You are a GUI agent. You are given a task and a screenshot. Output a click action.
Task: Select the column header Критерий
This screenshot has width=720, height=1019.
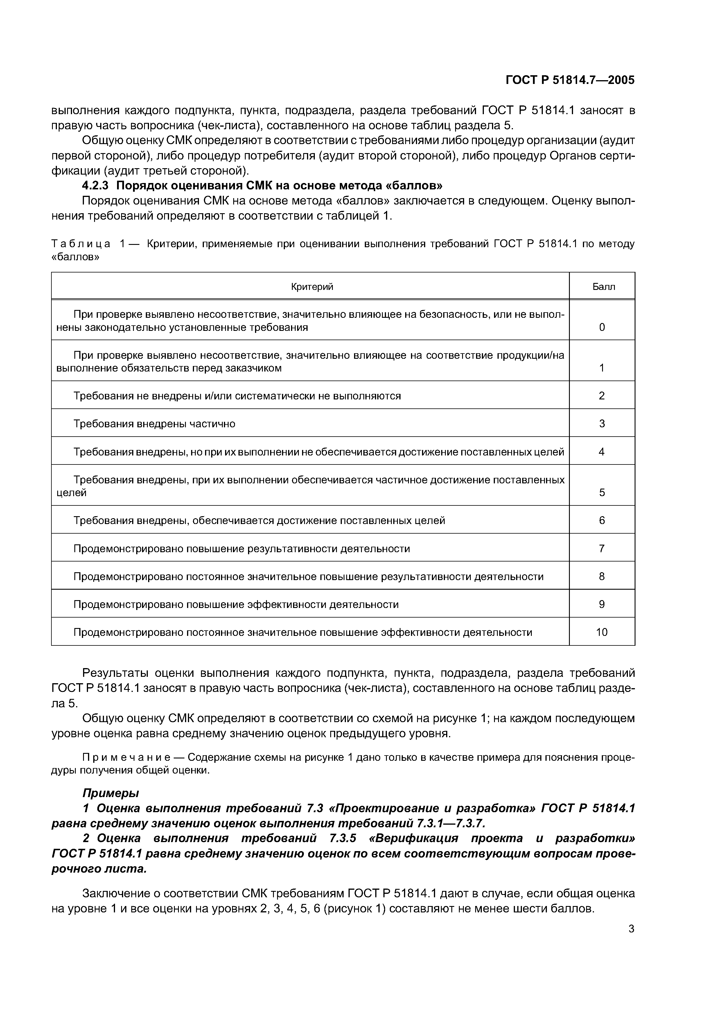coord(312,287)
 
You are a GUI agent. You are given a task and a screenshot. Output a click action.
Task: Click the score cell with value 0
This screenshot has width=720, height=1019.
coord(602,327)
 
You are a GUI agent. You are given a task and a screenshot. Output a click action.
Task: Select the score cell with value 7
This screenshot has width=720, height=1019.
coord(602,548)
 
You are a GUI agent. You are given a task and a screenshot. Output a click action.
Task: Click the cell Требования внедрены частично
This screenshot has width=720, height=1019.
coord(155,424)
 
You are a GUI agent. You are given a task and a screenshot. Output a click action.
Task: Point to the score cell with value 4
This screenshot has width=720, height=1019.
coord(602,452)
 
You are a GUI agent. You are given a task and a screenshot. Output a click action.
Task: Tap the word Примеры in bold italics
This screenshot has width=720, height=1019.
coord(111,793)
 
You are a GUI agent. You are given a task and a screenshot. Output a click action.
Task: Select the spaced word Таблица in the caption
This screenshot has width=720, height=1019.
coord(81,244)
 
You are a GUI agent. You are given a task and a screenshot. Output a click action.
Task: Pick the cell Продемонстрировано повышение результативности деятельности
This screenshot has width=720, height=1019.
coord(242,548)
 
